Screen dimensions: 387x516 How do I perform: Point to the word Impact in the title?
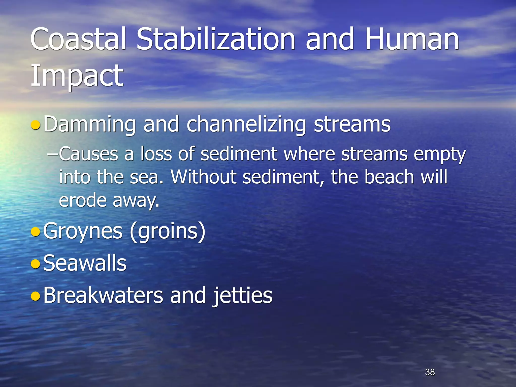(x=77, y=76)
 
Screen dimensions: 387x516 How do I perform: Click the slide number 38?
(x=430, y=372)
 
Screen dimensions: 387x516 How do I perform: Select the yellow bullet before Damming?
(x=35, y=125)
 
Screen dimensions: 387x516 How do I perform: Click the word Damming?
(x=90, y=124)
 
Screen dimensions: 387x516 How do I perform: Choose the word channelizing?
(x=246, y=124)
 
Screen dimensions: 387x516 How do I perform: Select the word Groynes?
(x=83, y=231)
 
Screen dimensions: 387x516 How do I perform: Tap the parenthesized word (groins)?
(x=168, y=231)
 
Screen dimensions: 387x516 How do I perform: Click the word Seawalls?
(x=85, y=263)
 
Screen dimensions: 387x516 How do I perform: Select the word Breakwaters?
(x=103, y=295)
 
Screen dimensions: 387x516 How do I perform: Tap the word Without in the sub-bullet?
(x=204, y=177)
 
